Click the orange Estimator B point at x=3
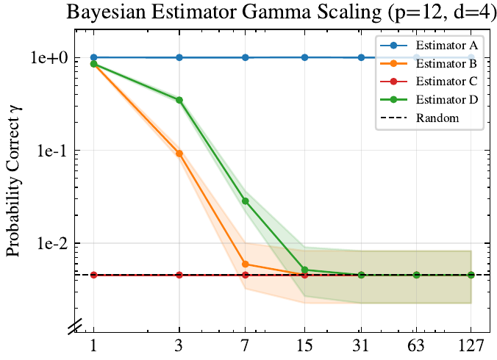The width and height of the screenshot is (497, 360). [x=179, y=154]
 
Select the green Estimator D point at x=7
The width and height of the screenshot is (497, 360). [x=246, y=201]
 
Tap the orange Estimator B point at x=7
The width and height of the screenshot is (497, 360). [x=246, y=264]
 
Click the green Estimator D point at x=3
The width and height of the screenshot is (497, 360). [x=179, y=100]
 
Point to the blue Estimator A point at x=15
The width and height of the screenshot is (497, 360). [x=304, y=57]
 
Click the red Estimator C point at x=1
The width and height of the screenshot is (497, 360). [x=93, y=275]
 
